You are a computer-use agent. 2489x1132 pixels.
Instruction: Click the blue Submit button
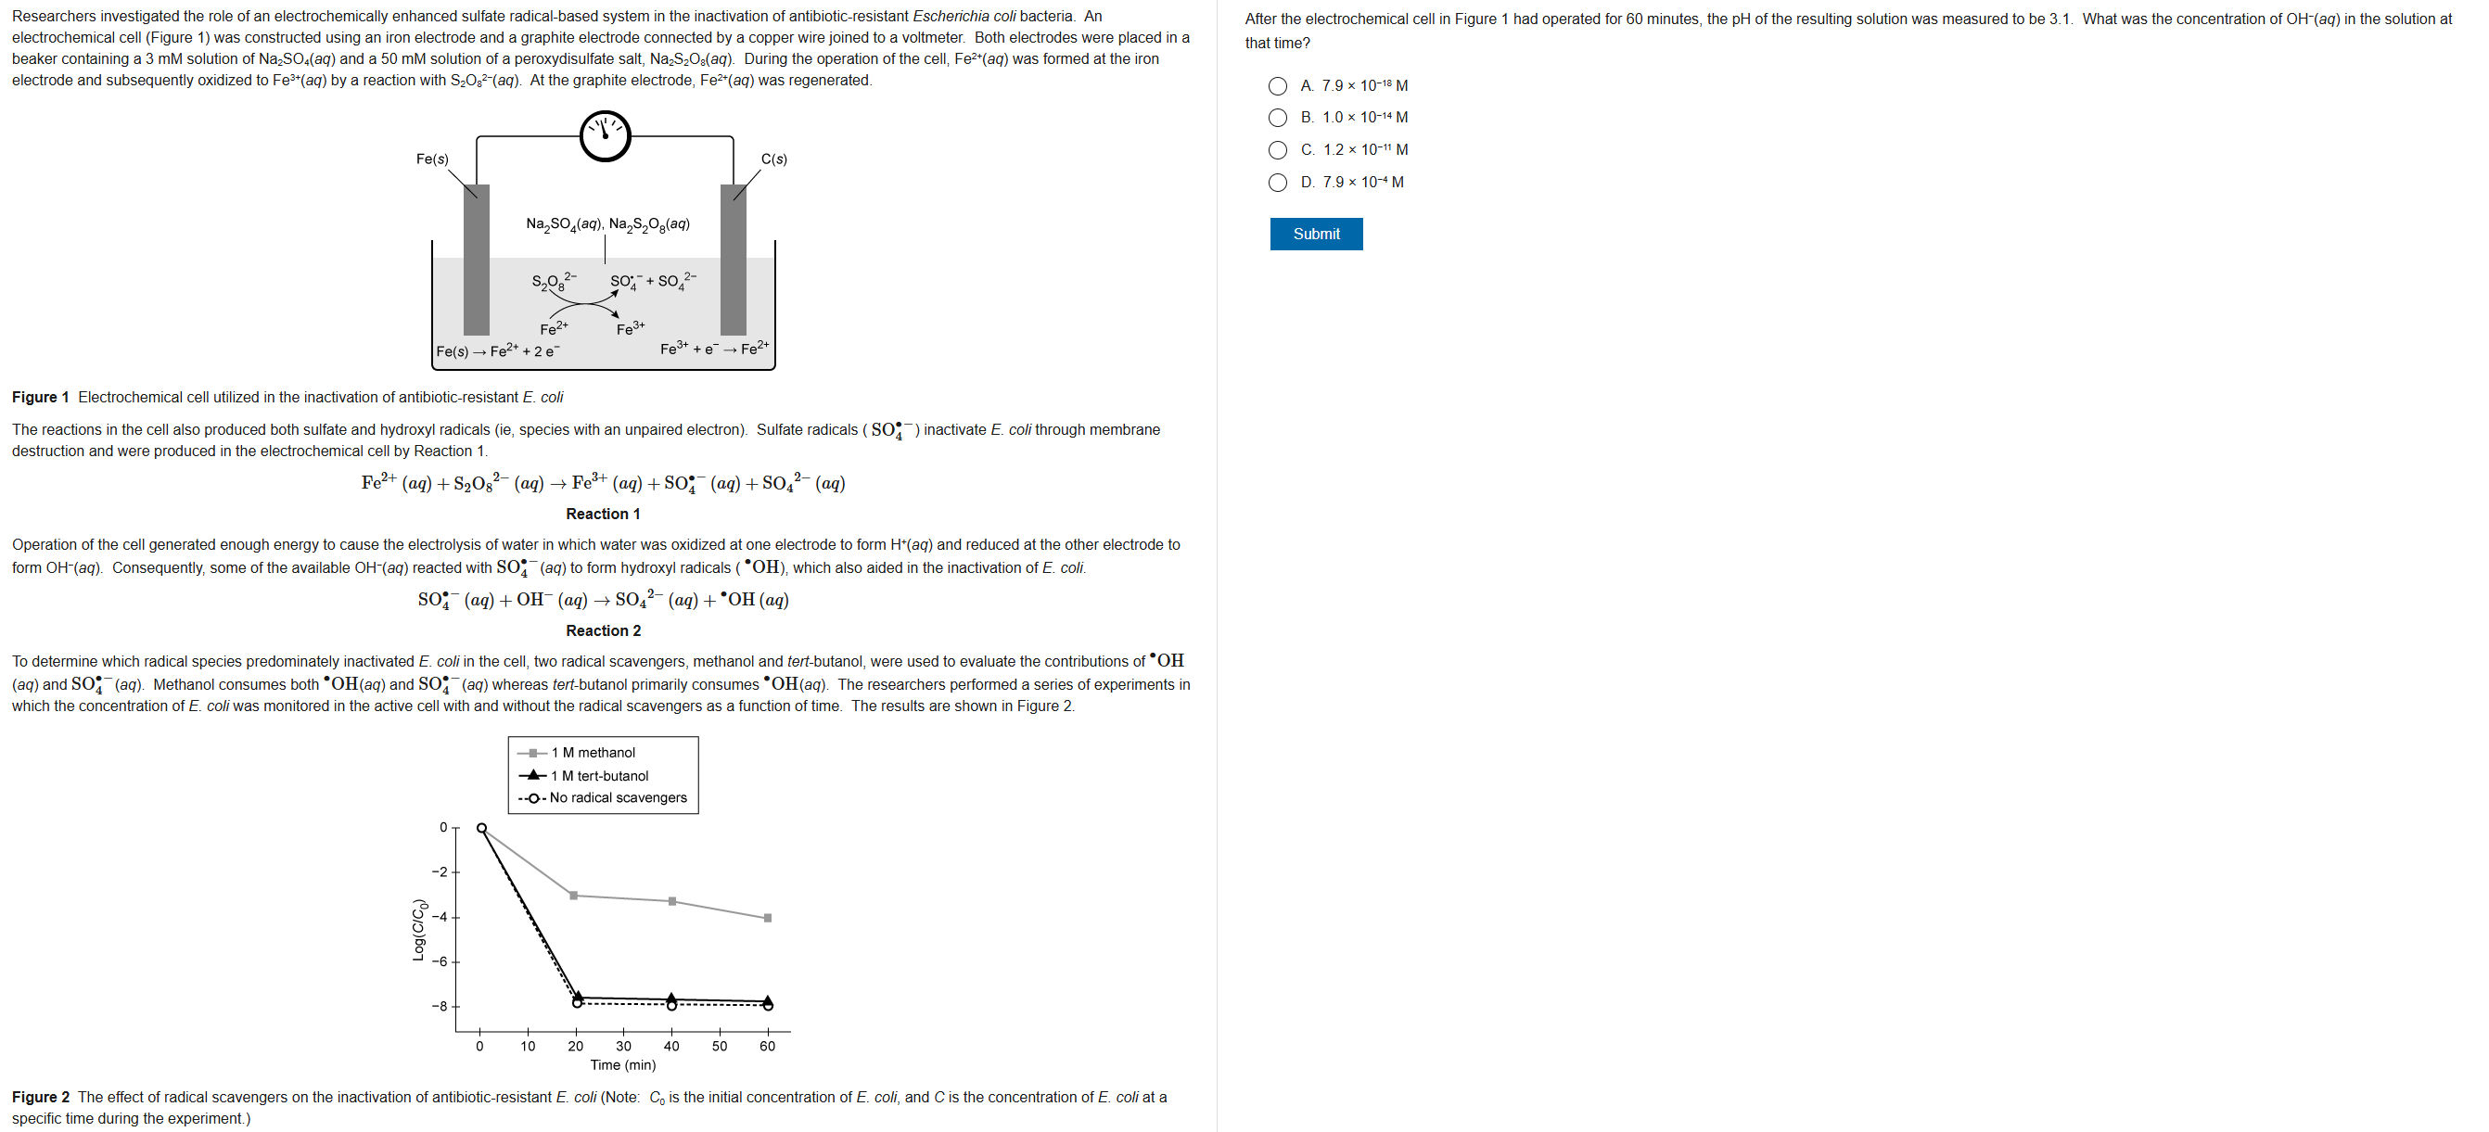point(1315,234)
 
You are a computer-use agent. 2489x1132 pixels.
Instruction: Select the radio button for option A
point(1277,86)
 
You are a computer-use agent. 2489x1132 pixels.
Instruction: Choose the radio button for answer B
point(1277,118)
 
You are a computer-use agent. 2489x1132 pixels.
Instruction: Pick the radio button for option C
point(1277,149)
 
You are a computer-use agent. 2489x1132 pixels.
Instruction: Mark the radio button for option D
point(1277,183)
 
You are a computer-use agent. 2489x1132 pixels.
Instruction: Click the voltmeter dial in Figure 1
point(605,136)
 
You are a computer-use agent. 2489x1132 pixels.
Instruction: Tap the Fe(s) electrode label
point(432,159)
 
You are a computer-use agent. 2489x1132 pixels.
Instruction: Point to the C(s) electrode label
point(774,159)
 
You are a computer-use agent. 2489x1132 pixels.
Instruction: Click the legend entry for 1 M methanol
point(593,753)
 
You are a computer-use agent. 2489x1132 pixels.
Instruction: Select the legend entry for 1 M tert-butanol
point(599,776)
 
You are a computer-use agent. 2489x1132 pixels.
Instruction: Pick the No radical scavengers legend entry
point(618,798)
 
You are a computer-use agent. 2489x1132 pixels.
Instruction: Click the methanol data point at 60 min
point(767,918)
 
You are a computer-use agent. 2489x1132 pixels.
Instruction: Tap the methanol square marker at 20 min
point(574,896)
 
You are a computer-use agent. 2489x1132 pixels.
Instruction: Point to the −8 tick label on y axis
point(440,1006)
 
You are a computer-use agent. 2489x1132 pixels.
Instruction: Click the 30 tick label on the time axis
point(623,1046)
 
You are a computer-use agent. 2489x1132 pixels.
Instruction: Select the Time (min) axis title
point(622,1064)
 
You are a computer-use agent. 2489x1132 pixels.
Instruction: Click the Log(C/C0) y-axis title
point(419,929)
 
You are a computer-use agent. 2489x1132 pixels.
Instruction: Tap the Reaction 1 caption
point(603,514)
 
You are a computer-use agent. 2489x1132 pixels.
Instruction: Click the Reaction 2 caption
point(603,630)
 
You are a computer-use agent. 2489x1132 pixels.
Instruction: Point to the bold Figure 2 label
point(41,1097)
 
